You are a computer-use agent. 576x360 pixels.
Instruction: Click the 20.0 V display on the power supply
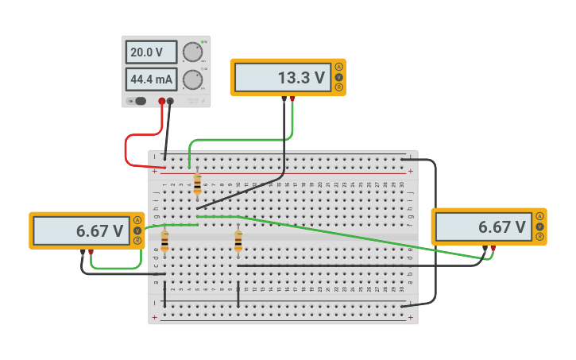click(x=151, y=52)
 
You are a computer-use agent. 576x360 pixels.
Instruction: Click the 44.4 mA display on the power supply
click(x=151, y=79)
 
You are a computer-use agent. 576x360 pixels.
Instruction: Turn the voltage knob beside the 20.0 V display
click(x=191, y=52)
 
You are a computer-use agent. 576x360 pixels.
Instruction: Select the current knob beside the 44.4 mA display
click(x=191, y=79)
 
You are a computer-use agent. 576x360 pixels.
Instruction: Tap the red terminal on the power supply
click(x=162, y=101)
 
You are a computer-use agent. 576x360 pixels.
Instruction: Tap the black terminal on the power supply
click(x=170, y=101)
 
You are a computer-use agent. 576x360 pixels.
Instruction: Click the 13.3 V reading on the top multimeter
click(x=282, y=78)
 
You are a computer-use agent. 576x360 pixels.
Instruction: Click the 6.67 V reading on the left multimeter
click(x=81, y=231)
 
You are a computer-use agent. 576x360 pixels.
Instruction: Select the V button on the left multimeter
click(x=137, y=230)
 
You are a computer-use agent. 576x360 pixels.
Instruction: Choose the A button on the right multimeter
click(x=539, y=216)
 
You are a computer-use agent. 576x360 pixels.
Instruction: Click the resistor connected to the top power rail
click(x=197, y=184)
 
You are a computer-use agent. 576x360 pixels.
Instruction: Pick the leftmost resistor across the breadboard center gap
click(x=164, y=241)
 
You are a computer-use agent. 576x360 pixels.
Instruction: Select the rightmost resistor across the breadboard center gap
click(x=238, y=241)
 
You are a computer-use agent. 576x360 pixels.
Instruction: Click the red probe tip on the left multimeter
click(x=91, y=252)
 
